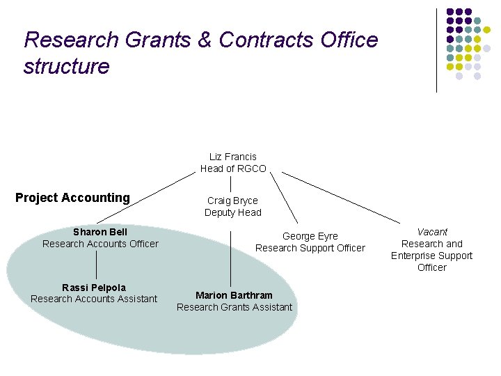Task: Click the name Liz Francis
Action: pyautogui.click(x=232, y=157)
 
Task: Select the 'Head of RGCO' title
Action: pyautogui.click(x=232, y=169)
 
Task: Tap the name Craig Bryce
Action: pyautogui.click(x=232, y=201)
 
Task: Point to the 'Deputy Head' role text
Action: pyautogui.click(x=232, y=212)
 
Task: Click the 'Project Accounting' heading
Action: pyautogui.click(x=72, y=198)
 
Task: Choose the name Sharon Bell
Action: pyautogui.click(x=100, y=232)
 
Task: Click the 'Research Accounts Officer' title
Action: pyautogui.click(x=100, y=244)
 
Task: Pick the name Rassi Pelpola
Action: pyautogui.click(x=94, y=288)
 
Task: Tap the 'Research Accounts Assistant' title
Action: pyautogui.click(x=94, y=299)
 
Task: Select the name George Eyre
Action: pyautogui.click(x=310, y=236)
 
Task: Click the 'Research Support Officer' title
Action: pyautogui.click(x=310, y=248)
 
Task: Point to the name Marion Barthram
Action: pyautogui.click(x=234, y=295)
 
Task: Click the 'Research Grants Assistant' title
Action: pyautogui.click(x=234, y=307)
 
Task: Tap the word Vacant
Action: pyautogui.click(x=432, y=232)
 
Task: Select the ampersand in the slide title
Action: pyautogui.click(x=205, y=40)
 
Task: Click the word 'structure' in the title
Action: pyautogui.click(x=66, y=67)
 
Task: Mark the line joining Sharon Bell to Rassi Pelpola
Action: pyautogui.click(x=97, y=265)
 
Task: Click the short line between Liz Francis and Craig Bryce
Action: pyautogui.click(x=231, y=184)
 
